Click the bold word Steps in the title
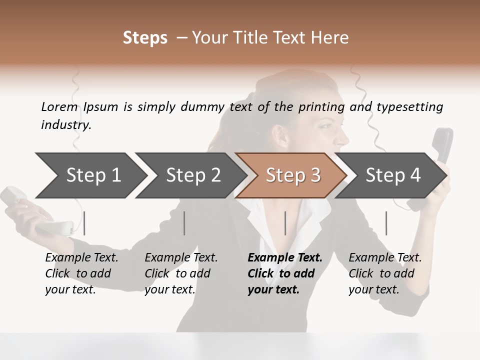pos(145,38)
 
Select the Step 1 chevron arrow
pos(90,175)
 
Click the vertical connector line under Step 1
pos(84,223)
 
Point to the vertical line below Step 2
pos(184,223)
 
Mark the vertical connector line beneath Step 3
pos(285,223)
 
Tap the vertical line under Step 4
pos(386,223)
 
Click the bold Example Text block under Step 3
pos(284,273)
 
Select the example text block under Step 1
pos(81,273)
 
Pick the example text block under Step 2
pos(181,273)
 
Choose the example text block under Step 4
pos(385,273)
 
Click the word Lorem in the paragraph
pos(59,107)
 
